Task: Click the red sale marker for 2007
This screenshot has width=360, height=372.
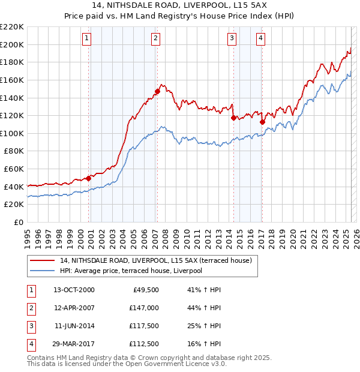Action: click(157, 91)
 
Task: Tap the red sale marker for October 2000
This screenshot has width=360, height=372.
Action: click(88, 178)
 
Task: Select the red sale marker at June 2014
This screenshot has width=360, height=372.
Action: click(233, 118)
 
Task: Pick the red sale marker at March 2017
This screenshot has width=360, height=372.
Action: click(262, 122)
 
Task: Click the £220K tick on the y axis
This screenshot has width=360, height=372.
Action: click(12, 27)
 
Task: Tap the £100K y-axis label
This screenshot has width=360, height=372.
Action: click(12, 133)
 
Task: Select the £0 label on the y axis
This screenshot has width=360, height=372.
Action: click(19, 222)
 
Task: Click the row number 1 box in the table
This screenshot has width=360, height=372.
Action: click(31, 289)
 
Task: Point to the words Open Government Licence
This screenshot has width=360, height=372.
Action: click(171, 364)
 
